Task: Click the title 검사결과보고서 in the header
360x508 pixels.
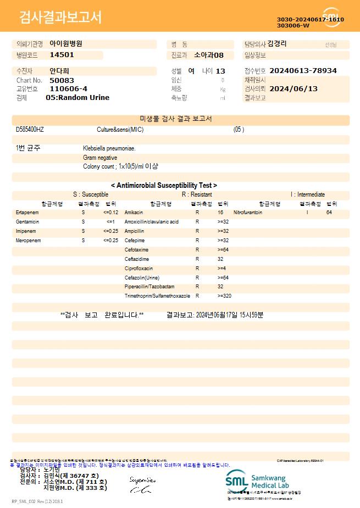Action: (60, 18)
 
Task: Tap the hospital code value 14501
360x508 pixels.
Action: (62, 55)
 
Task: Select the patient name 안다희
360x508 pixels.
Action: (59, 71)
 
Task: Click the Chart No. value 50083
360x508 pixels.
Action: (62, 80)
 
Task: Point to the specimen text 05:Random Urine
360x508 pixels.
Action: (77, 98)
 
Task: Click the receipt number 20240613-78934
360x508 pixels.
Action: (303, 71)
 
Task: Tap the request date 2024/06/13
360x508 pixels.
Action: (293, 88)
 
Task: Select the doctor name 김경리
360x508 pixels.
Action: (276, 44)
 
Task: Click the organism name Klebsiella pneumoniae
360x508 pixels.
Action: (109, 148)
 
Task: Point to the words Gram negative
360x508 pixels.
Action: (100, 158)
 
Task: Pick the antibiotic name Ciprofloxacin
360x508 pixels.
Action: (139, 268)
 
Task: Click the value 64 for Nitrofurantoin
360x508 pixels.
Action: (329, 212)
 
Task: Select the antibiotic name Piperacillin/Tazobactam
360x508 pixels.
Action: (149, 287)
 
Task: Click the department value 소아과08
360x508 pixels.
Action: (209, 55)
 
